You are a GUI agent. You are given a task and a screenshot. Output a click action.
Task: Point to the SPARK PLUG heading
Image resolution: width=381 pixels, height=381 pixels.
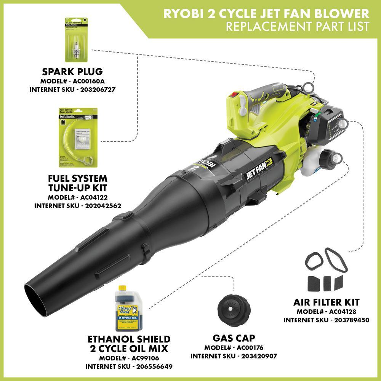tap(72, 72)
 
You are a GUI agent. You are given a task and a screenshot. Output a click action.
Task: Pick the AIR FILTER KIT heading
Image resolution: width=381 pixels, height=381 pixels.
tap(326, 302)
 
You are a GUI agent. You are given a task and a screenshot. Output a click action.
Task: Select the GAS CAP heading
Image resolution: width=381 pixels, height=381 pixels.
tap(234, 338)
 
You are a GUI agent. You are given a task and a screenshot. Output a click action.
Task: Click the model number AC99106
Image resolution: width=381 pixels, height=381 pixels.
tap(145, 358)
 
